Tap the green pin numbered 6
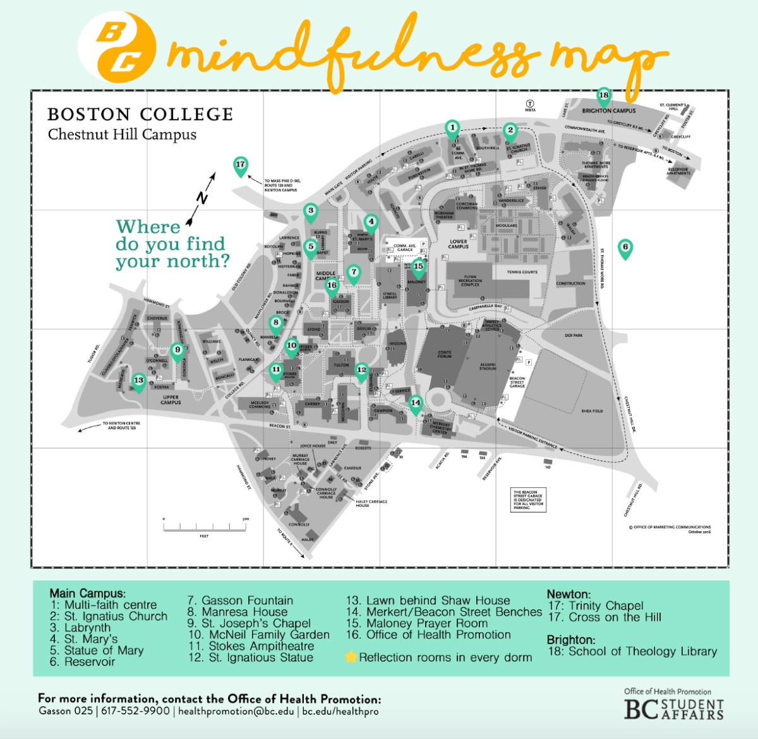pos(625,248)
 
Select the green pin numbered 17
pos(240,166)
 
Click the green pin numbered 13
pos(138,381)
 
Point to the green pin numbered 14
pos(415,403)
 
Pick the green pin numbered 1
pos(452,129)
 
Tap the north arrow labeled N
pos(201,198)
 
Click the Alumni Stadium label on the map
pos(488,366)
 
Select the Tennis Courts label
pos(522,272)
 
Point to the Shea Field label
pos(592,411)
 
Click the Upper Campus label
pos(171,400)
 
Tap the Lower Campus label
pos(459,243)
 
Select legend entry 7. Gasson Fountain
pos(240,601)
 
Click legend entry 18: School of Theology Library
pos(632,651)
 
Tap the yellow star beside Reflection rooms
pos(351,657)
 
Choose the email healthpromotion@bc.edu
pos(236,711)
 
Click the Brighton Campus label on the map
pos(609,111)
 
